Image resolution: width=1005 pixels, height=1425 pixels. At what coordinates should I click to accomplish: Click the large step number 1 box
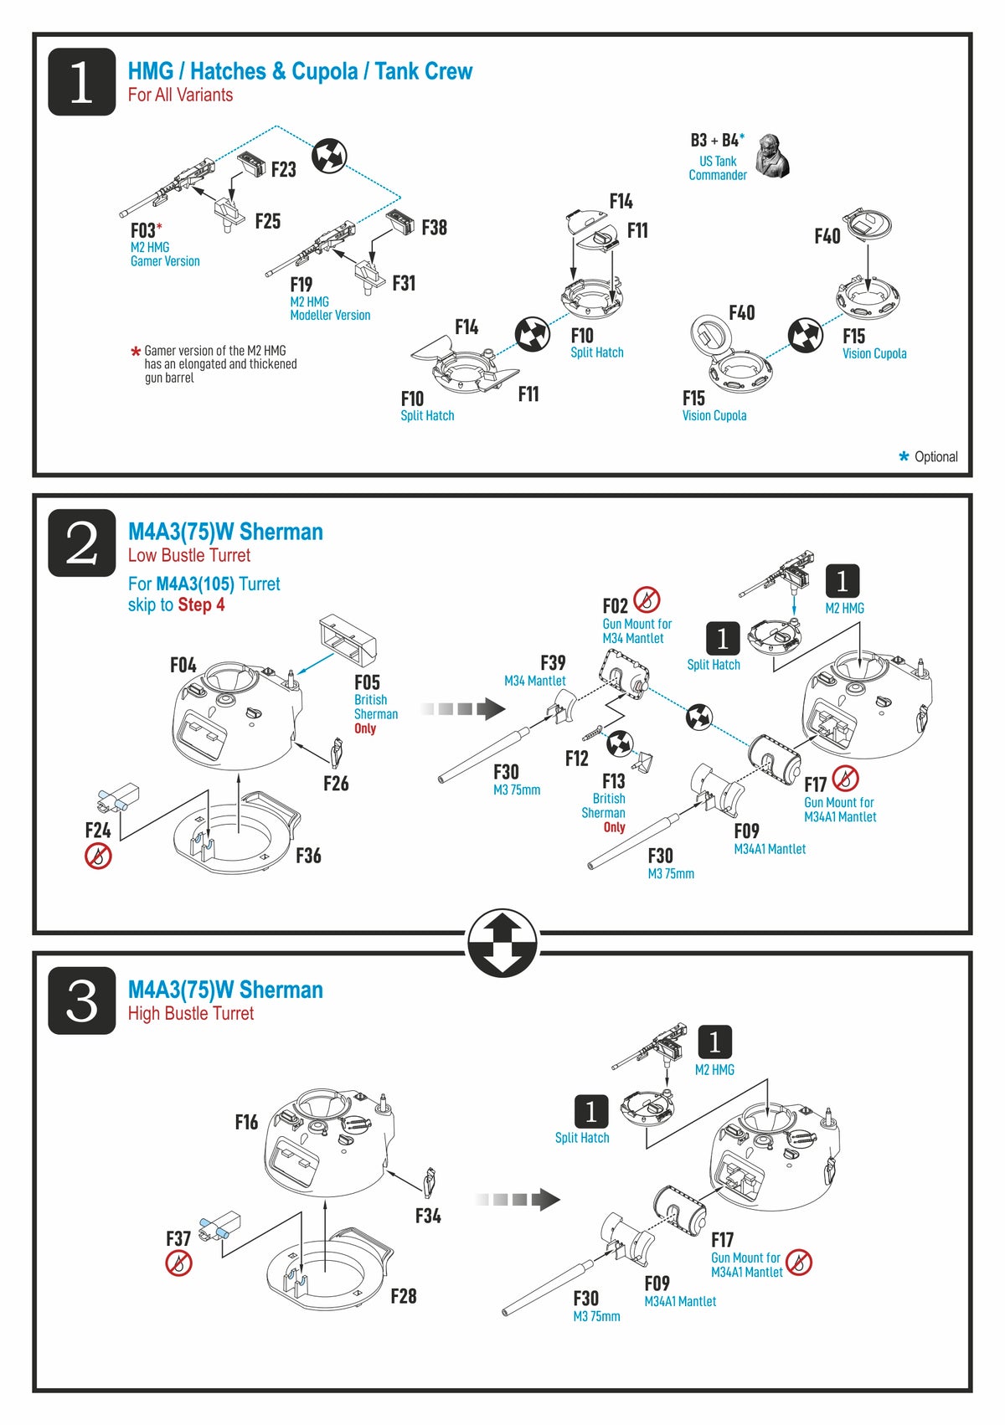pos(81,82)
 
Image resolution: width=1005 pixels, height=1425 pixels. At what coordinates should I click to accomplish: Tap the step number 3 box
pos(81,1001)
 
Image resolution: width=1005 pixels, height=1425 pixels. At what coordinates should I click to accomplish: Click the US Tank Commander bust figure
pos(771,156)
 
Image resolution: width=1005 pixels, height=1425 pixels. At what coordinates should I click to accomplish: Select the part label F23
pos(283,170)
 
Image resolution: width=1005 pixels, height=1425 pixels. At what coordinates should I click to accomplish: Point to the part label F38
pos(434,228)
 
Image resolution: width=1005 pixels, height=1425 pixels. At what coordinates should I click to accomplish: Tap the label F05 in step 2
pos(367,682)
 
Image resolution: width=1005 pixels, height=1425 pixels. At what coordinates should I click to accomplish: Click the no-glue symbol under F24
pos(98,856)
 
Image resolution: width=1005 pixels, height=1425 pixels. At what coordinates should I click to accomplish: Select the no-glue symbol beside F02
pos(647,599)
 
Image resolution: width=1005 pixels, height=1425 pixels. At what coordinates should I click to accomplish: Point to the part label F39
pos(553,663)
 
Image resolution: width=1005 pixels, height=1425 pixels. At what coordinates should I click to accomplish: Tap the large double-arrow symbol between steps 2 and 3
pos(502,943)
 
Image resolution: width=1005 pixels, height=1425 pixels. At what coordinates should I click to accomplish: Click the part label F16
pos(246,1123)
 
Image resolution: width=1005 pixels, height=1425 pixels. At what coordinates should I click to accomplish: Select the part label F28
pos(403,1296)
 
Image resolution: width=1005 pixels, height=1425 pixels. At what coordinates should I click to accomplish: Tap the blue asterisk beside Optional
pos(904,456)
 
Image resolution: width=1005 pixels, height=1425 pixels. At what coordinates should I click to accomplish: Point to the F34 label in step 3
pos(428,1216)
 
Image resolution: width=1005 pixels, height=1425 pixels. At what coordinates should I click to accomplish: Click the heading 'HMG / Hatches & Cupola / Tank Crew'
pos(300,72)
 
